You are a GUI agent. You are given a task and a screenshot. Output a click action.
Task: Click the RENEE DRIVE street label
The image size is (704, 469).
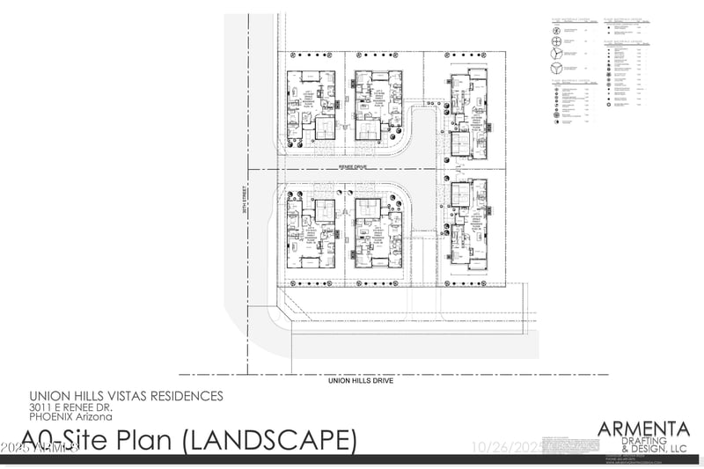[351, 165]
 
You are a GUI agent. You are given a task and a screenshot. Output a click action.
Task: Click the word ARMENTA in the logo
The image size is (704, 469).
[643, 429]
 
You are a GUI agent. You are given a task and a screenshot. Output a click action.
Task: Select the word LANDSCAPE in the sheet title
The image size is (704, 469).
[272, 439]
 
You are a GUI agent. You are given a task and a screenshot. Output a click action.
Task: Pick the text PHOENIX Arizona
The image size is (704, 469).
[65, 418]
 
